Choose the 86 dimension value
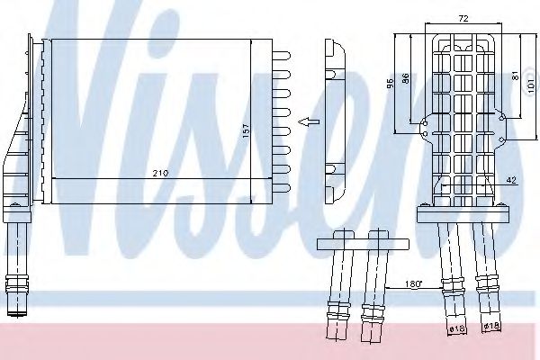click(x=406, y=80)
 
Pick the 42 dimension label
click(x=510, y=180)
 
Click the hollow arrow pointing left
click(x=307, y=122)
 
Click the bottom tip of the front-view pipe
click(x=18, y=313)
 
